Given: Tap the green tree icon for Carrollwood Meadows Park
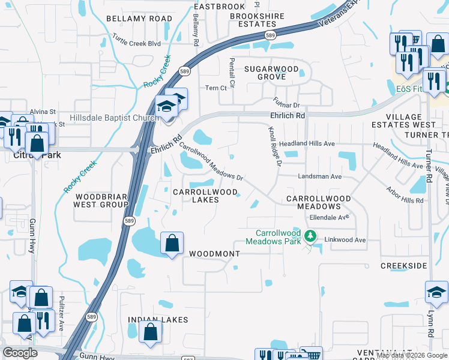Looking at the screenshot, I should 310,236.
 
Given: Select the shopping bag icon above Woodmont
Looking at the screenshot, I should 172,244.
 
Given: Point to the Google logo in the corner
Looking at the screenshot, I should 20,353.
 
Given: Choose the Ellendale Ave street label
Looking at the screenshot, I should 329,217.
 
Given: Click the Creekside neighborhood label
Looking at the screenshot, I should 403,265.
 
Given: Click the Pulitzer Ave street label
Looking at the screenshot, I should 61,316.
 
